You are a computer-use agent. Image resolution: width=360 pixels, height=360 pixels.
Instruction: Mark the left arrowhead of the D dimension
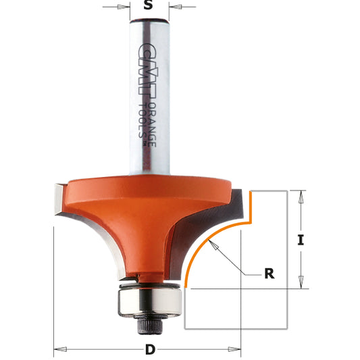pyautogui.click(x=58, y=350)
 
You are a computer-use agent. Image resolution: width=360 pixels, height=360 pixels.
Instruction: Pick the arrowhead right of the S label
pyautogui.click(x=173, y=8)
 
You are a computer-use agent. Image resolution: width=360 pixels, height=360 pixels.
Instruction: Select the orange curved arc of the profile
pyautogui.click(x=203, y=250)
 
